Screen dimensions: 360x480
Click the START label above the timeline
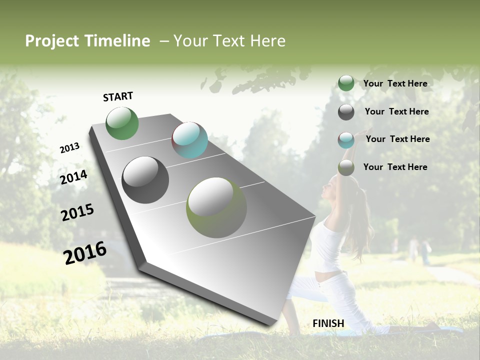click(118, 96)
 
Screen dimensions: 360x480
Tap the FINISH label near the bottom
click(328, 323)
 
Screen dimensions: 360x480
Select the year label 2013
click(69, 148)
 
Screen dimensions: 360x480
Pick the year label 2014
click(73, 177)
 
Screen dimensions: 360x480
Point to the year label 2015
click(77, 212)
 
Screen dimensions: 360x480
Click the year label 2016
click(85, 252)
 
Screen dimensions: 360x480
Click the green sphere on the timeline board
click(122, 123)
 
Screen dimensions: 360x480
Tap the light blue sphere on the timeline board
click(189, 140)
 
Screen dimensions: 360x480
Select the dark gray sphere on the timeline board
click(145, 180)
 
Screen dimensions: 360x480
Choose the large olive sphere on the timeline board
click(216, 207)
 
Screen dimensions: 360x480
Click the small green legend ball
click(346, 83)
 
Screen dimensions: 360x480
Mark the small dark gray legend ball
click(346, 112)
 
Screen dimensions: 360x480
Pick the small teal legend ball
click(346, 140)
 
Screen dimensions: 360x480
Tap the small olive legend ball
click(346, 168)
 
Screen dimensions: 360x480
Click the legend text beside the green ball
click(395, 83)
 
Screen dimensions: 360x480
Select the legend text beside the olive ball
click(395, 167)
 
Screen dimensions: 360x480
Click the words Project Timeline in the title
click(87, 41)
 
